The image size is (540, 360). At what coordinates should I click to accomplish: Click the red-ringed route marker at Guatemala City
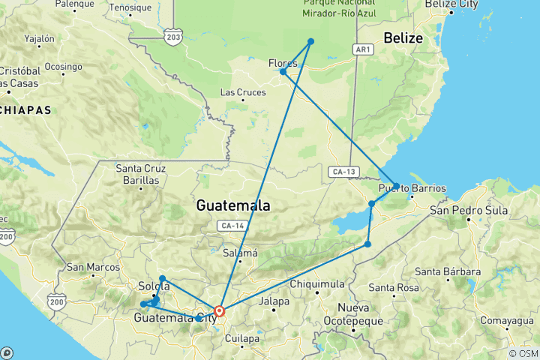(x=219, y=310)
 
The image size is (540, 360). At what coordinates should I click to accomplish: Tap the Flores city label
(x=283, y=63)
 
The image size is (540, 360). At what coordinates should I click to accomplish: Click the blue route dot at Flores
(x=283, y=72)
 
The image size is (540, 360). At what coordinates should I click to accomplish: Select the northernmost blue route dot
(x=310, y=42)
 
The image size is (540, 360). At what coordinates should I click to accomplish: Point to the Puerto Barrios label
(x=412, y=187)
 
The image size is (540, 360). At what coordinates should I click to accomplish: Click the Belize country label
(x=403, y=37)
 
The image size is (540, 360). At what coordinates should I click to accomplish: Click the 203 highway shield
(x=174, y=36)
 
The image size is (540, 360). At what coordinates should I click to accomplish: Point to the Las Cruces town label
(x=242, y=92)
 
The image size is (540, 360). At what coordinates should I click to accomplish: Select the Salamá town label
(x=241, y=253)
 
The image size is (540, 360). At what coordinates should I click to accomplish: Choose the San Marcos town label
(x=93, y=267)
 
